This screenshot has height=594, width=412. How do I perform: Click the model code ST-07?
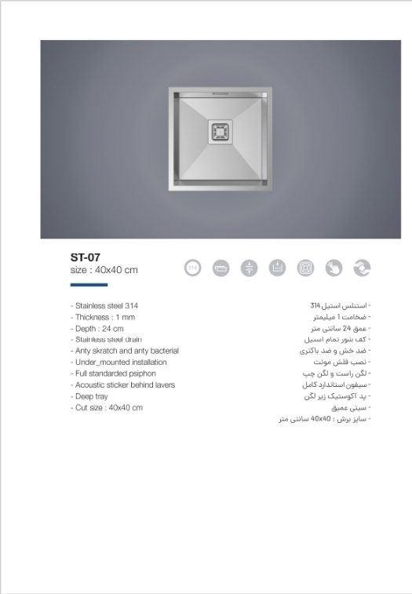pos(85,256)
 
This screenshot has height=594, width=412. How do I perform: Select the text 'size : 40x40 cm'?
pos(104,270)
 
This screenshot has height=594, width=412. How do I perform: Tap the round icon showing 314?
pos(193,268)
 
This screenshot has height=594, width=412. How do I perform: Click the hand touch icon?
pos(334,268)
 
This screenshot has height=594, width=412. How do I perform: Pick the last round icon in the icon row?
pos(362,268)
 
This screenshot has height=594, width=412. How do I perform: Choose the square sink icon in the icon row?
pos(305,268)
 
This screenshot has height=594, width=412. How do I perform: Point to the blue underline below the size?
pos(88,285)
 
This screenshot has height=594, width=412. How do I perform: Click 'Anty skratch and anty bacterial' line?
pos(125,351)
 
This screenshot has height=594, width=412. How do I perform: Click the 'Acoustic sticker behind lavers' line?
pos(122,385)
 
